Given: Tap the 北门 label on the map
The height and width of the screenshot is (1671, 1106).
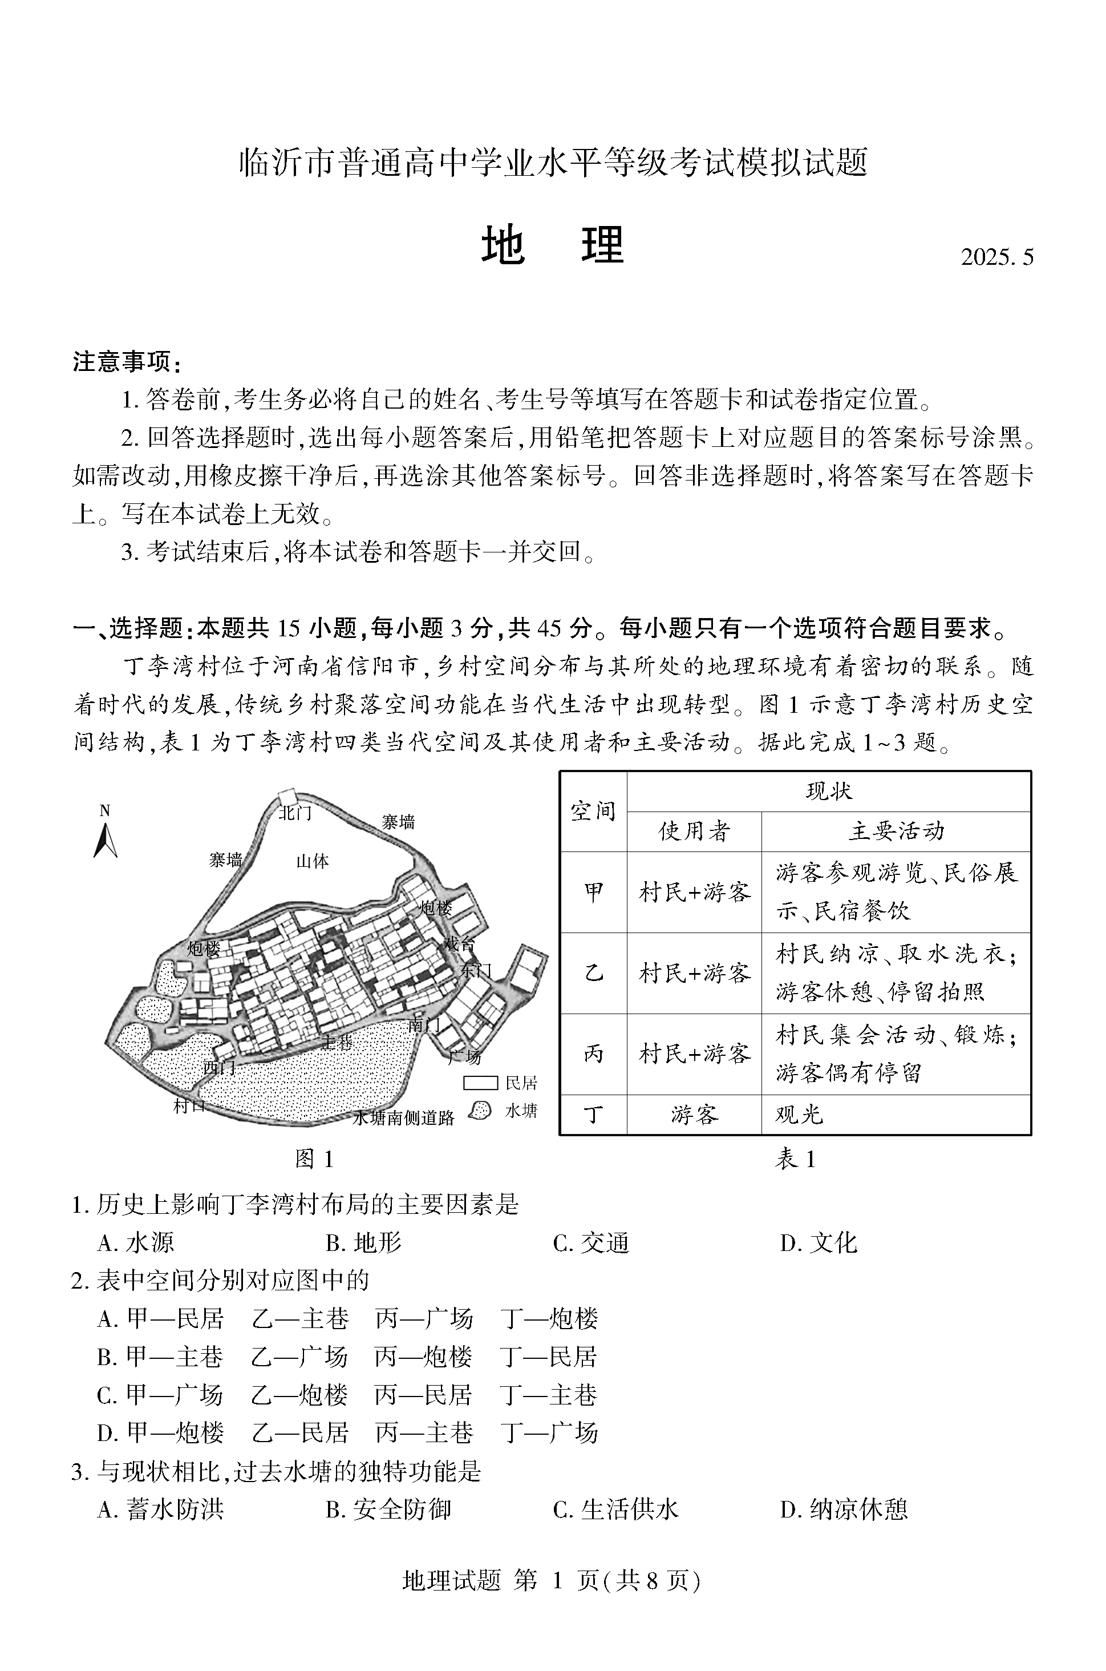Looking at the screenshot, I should [295, 813].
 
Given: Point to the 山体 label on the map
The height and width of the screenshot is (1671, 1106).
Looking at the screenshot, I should [313, 861].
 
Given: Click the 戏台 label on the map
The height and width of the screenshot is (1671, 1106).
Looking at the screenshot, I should [459, 943].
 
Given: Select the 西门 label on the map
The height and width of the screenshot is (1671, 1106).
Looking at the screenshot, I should [220, 1068].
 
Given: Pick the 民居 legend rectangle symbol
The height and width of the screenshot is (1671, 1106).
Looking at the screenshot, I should [480, 1083].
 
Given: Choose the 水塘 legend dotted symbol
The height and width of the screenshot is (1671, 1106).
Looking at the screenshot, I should [480, 1111].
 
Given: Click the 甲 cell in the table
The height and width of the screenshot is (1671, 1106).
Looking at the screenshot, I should [593, 893].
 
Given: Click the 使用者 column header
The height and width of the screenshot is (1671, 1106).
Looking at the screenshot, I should [694, 832].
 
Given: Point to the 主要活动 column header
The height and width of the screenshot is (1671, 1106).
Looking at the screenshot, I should [896, 832].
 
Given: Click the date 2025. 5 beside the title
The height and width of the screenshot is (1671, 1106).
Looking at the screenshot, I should [996, 257].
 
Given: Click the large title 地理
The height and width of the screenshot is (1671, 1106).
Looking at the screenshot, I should [552, 245].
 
